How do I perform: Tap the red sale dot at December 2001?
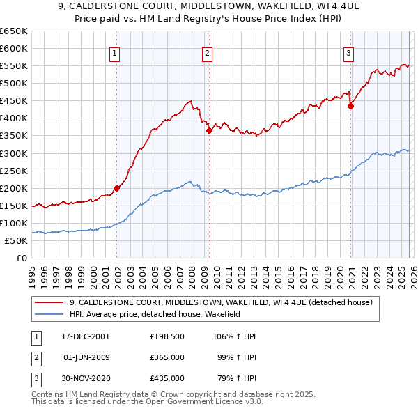(x=117, y=188)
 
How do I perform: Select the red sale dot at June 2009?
(x=209, y=130)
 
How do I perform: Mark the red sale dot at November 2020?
(x=350, y=106)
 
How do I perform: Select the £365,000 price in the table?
(x=167, y=357)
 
